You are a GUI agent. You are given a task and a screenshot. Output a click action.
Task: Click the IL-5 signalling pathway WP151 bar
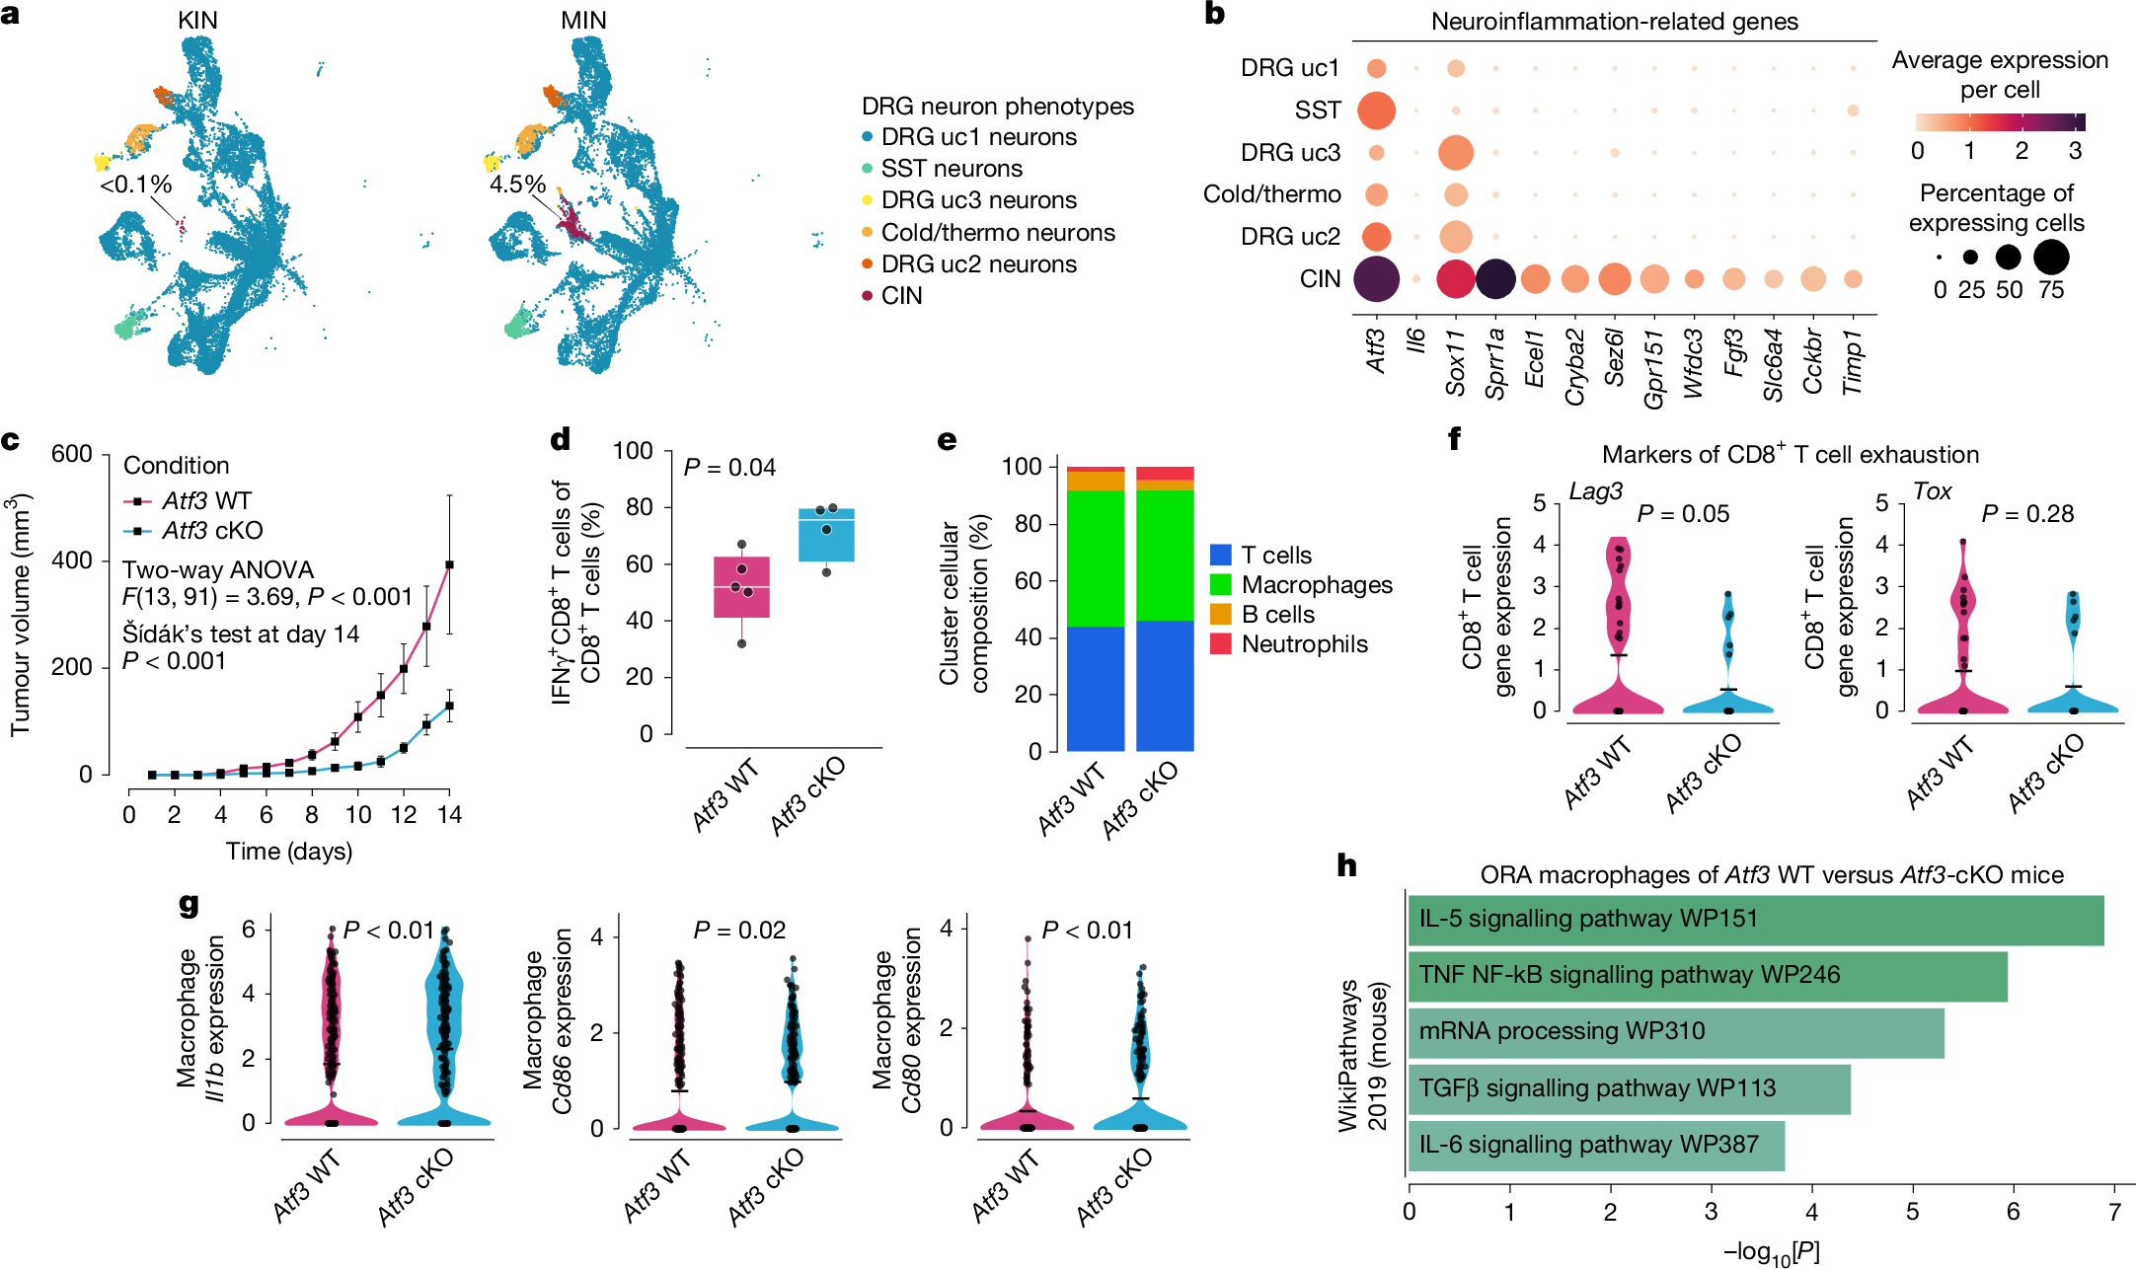[x=1755, y=920]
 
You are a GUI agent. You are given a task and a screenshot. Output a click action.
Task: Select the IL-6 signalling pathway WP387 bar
[x=1595, y=1145]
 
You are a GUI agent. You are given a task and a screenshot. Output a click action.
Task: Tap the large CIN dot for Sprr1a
[x=1495, y=279]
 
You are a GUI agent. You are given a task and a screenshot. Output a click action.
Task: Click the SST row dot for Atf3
[x=1376, y=111]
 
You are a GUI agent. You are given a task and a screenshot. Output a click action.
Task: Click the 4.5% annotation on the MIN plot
[x=517, y=185]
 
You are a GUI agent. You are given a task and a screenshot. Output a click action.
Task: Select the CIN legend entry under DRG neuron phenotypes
[x=900, y=296]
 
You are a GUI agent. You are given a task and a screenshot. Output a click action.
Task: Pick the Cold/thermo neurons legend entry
[x=997, y=233]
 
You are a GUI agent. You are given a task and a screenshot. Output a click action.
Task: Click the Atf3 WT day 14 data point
[x=449, y=564]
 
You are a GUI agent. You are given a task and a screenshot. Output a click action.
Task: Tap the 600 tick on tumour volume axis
[x=72, y=454]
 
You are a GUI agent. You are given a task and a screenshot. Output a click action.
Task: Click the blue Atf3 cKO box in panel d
[x=826, y=535]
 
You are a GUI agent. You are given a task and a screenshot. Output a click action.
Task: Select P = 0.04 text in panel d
[x=729, y=468]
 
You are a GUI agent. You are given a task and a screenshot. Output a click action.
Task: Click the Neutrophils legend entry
[x=1304, y=644]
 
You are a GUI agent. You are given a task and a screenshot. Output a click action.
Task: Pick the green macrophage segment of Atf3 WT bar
[x=1096, y=558]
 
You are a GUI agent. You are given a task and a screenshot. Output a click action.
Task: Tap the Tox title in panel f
[x=1932, y=491]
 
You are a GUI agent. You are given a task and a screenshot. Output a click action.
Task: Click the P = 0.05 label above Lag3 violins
[x=1683, y=514]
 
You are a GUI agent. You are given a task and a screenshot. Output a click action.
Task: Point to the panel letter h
[x=1347, y=866]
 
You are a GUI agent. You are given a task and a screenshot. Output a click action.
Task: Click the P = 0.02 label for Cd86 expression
[x=739, y=931]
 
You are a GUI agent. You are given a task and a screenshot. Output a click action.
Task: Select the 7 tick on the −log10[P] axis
[x=2114, y=1212]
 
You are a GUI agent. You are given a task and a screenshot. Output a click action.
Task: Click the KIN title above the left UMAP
[x=197, y=20]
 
